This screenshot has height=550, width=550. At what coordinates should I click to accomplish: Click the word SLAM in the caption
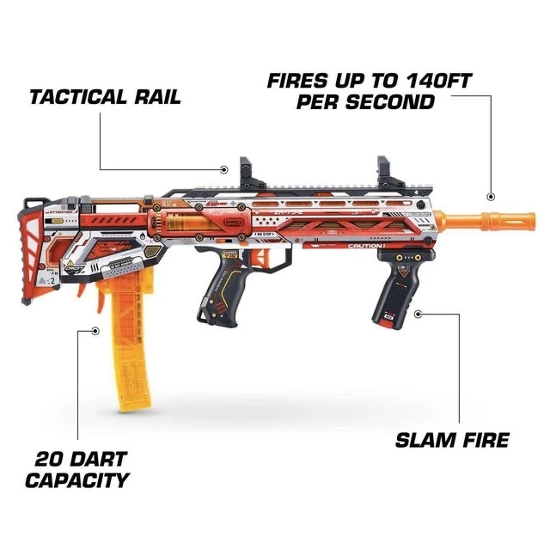pyautogui.click(x=425, y=441)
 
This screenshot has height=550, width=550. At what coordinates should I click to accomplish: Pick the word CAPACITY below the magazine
pyautogui.click(x=76, y=480)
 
